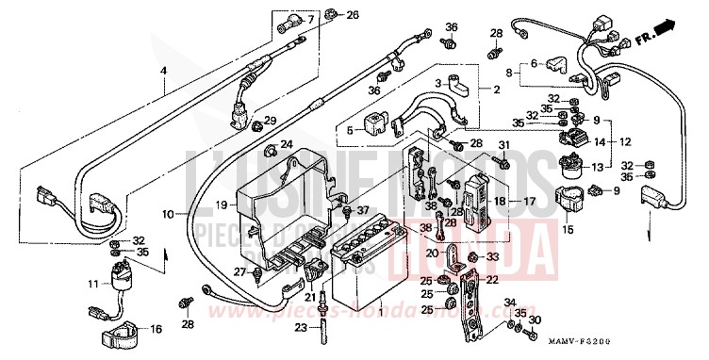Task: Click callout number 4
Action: pyautogui.click(x=162, y=72)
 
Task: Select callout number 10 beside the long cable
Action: pyautogui.click(x=168, y=215)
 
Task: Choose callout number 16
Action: pyautogui.click(x=157, y=329)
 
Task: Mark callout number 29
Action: pyautogui.click(x=270, y=122)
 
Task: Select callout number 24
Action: pyautogui.click(x=288, y=145)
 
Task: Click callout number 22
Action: pyautogui.click(x=492, y=279)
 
